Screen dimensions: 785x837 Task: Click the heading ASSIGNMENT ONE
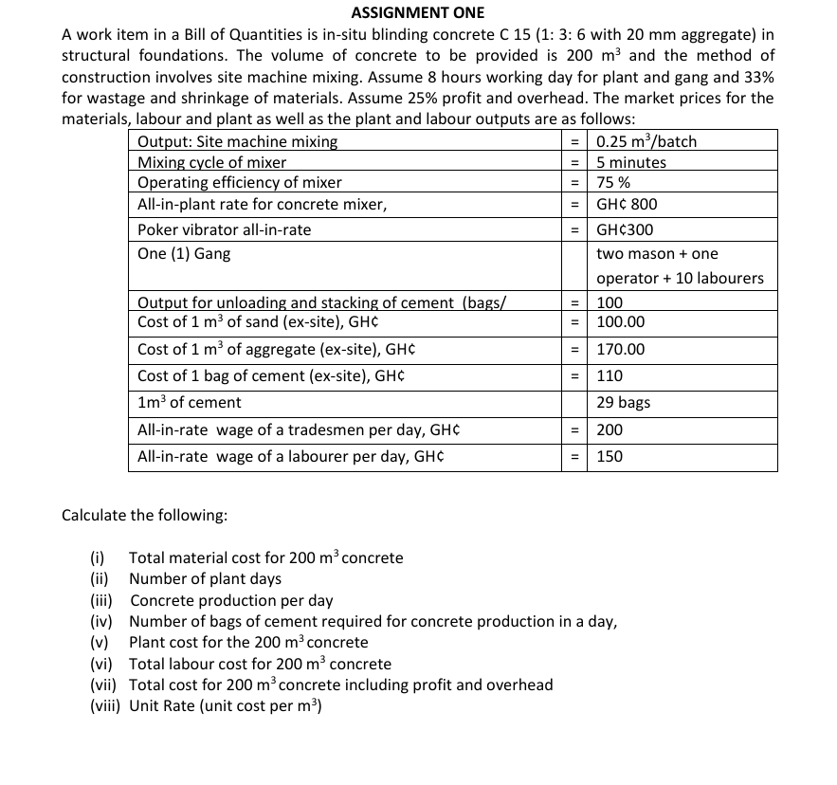point(417,12)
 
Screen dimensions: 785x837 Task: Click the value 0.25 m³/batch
point(646,141)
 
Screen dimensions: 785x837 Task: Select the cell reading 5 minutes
point(631,162)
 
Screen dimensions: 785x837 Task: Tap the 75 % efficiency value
point(614,183)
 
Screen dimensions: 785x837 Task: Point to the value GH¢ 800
point(627,205)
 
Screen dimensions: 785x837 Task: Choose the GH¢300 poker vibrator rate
point(625,230)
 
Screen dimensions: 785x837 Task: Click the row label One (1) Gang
point(184,254)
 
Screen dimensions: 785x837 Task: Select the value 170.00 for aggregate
point(620,350)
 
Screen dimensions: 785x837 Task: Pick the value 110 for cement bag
point(610,376)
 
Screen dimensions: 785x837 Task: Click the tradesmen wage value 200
point(610,430)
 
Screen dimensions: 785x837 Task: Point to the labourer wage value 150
point(610,457)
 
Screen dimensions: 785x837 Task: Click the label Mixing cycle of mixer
point(212,162)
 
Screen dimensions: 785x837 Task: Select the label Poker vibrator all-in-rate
point(224,230)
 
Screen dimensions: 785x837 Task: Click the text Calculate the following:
point(144,516)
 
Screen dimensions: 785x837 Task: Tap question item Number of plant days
point(205,578)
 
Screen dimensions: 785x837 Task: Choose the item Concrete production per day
point(231,600)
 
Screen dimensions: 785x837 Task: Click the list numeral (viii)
point(104,705)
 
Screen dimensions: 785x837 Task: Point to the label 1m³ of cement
point(190,403)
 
